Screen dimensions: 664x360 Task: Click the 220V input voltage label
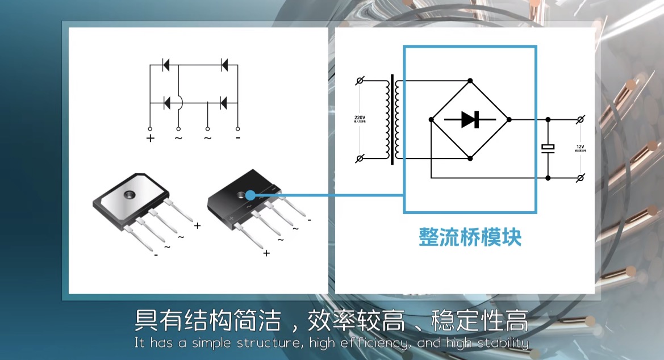click(x=360, y=119)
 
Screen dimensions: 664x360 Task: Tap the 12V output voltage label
click(x=580, y=148)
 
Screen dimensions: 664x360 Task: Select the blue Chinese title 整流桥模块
click(x=470, y=237)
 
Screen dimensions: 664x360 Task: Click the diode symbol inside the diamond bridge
click(x=470, y=119)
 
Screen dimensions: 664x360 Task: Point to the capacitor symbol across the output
click(x=548, y=148)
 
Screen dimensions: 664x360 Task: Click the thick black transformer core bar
click(x=392, y=119)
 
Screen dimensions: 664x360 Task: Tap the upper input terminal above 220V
click(x=359, y=81)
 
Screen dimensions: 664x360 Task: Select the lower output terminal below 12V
click(x=580, y=178)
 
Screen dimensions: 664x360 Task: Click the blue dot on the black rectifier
click(x=250, y=195)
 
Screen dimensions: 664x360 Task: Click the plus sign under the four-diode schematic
click(x=150, y=138)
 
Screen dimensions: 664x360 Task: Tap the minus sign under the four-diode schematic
click(x=237, y=137)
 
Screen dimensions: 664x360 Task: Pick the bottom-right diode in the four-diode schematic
click(x=223, y=103)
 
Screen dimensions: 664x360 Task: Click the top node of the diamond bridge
click(x=470, y=81)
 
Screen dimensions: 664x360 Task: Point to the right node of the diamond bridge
click(x=509, y=119)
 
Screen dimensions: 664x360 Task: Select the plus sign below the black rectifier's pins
click(x=266, y=253)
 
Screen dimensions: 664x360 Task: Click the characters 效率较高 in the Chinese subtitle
click(x=356, y=321)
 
